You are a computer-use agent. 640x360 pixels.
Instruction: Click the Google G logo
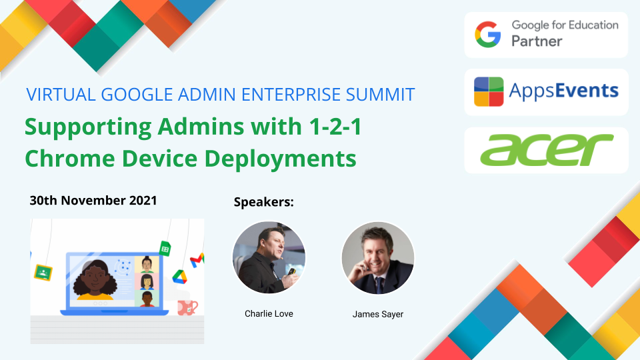[488, 35]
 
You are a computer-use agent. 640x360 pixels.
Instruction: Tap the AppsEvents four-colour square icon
[489, 91]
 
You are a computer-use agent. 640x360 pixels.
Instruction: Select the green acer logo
[547, 150]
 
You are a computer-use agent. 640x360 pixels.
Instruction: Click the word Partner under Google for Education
[537, 41]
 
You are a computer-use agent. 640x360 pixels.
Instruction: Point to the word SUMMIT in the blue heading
[381, 95]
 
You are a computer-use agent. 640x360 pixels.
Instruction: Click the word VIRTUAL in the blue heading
[61, 95]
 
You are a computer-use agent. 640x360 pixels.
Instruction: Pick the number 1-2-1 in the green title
[335, 127]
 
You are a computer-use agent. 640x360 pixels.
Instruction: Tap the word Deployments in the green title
[280, 159]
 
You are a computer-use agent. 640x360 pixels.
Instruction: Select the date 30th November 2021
[93, 201]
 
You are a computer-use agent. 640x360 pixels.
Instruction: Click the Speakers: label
[264, 202]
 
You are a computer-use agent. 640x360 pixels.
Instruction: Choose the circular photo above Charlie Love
[269, 257]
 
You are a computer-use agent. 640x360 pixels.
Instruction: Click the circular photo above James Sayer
[378, 258]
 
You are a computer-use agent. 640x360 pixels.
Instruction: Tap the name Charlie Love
[269, 314]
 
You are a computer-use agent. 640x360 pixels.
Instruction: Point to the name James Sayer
[378, 314]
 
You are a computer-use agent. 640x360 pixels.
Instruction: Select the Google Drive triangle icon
[179, 277]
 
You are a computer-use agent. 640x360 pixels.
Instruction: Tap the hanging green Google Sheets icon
[165, 248]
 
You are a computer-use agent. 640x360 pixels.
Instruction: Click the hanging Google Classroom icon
[43, 273]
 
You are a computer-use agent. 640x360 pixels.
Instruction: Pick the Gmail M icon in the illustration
[197, 260]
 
